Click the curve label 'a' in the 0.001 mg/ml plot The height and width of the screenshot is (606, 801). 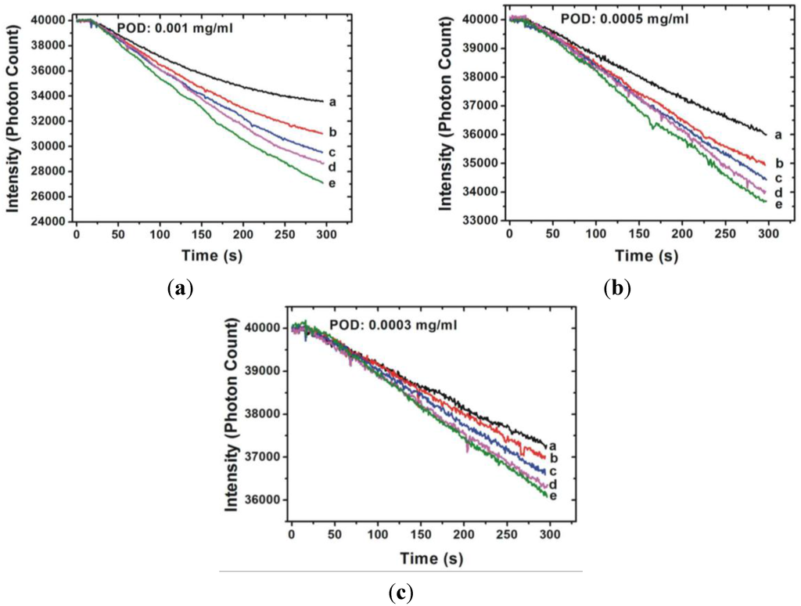pyautogui.click(x=332, y=101)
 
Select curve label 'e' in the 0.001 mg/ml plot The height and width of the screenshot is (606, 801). pyautogui.click(x=332, y=183)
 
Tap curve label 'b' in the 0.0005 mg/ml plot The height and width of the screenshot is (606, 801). pyautogui.click(x=778, y=164)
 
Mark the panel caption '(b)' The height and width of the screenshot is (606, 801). pyautogui.click(x=616, y=288)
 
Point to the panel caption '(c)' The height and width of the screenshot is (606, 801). pyautogui.click(x=400, y=593)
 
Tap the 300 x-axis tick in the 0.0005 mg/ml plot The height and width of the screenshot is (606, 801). pyautogui.click(x=768, y=235)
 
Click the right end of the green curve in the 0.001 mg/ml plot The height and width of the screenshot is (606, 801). pyautogui.click(x=323, y=183)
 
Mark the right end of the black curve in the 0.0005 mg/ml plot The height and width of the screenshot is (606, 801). pyautogui.click(x=764, y=132)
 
